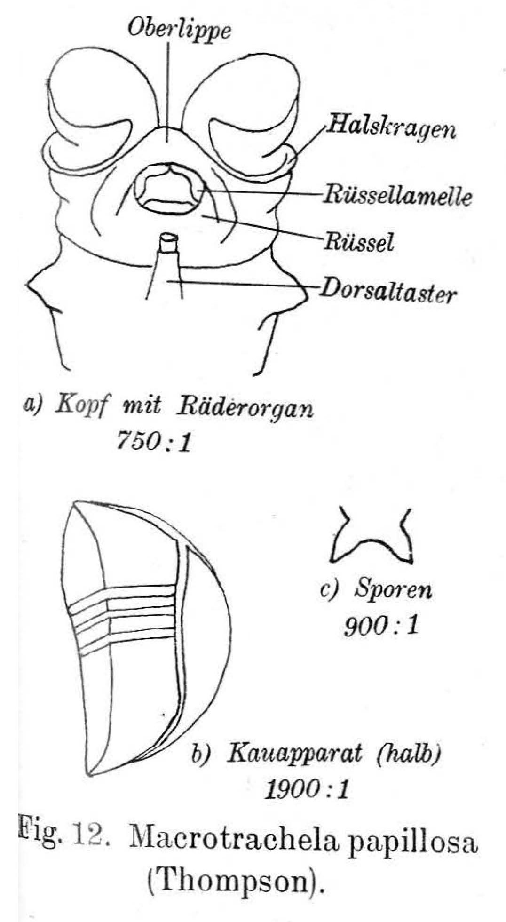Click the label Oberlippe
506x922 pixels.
coord(180,31)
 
